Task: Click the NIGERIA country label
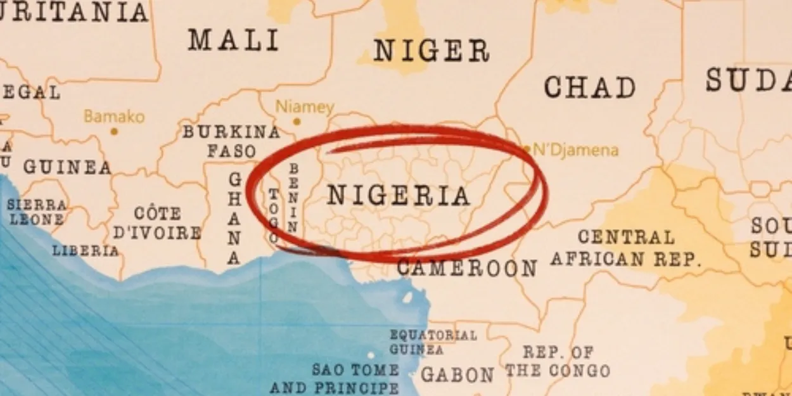399,196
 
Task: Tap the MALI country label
233,41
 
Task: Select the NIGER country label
431,51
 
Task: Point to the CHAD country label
589,87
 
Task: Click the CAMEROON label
467,268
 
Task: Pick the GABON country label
457,374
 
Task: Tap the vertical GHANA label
234,219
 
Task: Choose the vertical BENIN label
293,198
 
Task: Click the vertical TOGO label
273,215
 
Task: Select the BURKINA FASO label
231,141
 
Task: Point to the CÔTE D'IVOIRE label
157,222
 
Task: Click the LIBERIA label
85,250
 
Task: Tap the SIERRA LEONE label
37,212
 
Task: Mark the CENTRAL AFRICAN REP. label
626,248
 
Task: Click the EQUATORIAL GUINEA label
433,342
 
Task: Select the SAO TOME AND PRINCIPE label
355,378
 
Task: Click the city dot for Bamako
114,132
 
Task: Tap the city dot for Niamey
297,121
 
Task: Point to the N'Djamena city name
575,150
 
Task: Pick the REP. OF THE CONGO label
558,361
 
